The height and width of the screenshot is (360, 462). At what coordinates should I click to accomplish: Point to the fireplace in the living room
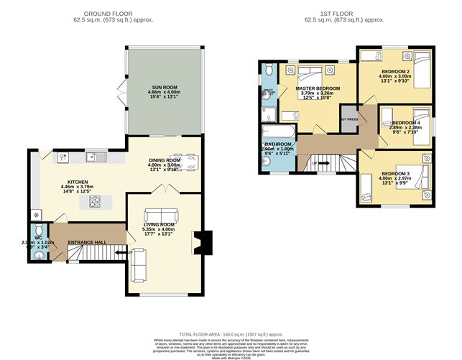205,241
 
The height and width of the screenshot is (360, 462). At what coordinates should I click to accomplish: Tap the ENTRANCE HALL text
87,242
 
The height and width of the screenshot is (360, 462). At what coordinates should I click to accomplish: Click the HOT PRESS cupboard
350,119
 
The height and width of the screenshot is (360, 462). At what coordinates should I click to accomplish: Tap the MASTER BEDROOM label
317,88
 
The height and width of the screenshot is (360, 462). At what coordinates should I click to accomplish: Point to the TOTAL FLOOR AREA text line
230,334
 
